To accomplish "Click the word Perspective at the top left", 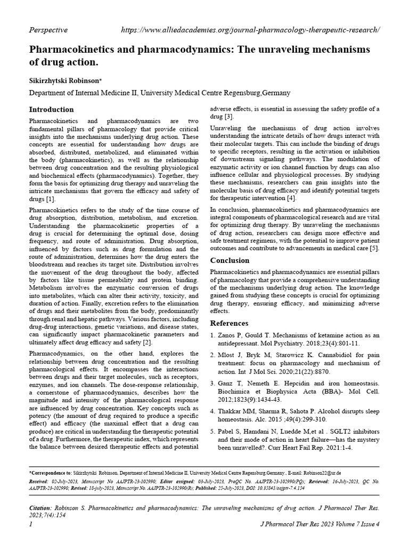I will (48, 30).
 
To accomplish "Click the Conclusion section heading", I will (230, 260).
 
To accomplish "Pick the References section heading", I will (230, 323).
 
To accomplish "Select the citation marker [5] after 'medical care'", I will (374, 248).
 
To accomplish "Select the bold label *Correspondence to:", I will (50, 472).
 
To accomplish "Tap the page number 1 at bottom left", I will (30, 525).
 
